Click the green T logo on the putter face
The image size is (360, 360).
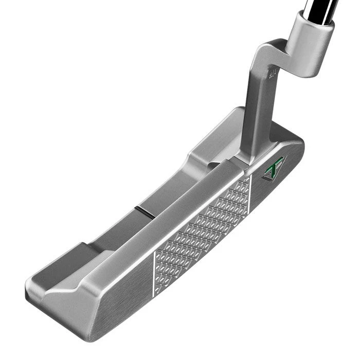tap(274, 168)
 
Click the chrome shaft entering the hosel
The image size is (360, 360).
tap(318, 7)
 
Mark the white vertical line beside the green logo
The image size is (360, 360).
tap(250, 194)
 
